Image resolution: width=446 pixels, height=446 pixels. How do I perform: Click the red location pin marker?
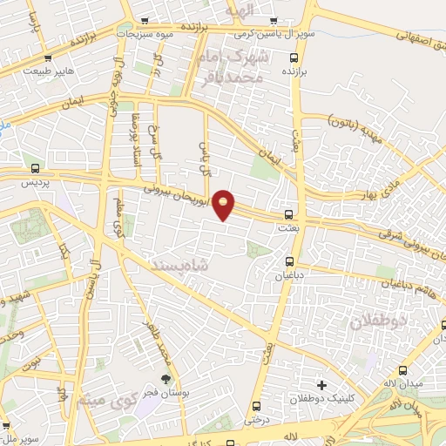coord(225,204)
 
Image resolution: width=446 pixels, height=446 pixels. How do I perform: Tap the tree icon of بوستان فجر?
coord(166,378)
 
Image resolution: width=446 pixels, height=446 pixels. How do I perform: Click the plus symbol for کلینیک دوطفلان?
coord(321,384)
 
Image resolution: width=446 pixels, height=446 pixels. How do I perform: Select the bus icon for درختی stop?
coord(256,406)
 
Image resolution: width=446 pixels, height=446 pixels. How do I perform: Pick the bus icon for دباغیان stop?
coord(290,260)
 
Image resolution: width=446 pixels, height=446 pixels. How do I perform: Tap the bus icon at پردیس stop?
coord(36,169)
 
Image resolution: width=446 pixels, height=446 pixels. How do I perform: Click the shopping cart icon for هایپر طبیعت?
coord(48,59)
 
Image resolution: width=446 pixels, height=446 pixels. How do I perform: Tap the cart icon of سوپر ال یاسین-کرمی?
coord(274,21)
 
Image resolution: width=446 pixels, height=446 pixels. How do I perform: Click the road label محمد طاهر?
coord(161,341)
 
